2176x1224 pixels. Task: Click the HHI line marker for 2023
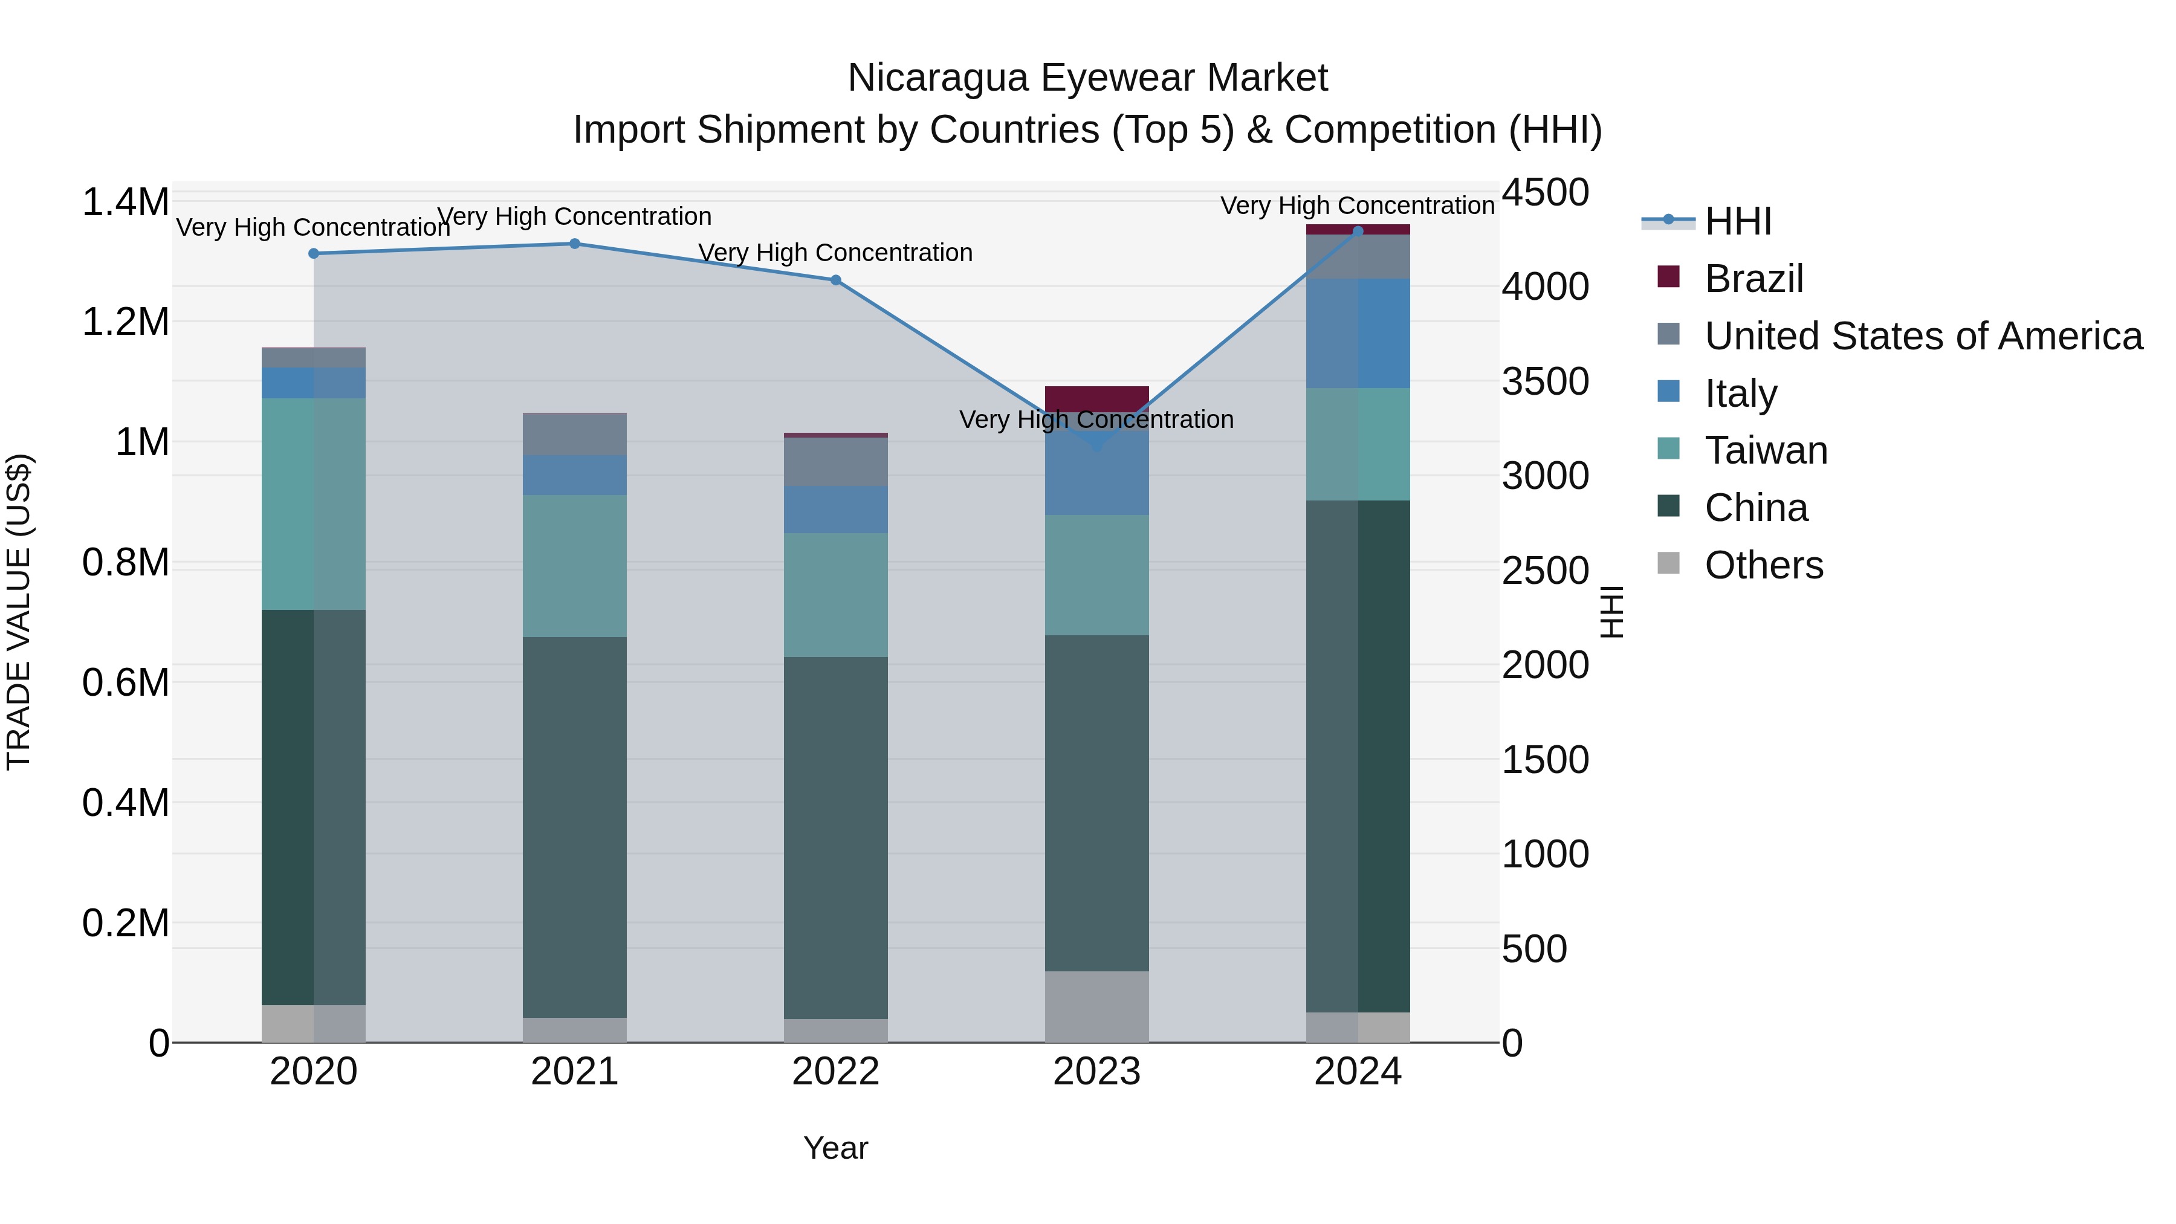click(1096, 445)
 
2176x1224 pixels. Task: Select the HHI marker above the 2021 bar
click(574, 243)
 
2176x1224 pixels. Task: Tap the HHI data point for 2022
click(835, 280)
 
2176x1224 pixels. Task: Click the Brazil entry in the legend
click(1753, 279)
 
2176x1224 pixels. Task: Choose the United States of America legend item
click(1923, 336)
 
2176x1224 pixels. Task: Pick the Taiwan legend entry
click(1766, 450)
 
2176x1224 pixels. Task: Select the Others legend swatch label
click(1763, 565)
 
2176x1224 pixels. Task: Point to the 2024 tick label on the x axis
click(1358, 1072)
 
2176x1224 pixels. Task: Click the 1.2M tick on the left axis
click(125, 322)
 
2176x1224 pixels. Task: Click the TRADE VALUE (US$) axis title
click(19, 612)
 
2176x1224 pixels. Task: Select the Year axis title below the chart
click(835, 1148)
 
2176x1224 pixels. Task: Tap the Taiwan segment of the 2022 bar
click(835, 595)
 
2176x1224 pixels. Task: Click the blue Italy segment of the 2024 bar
click(1358, 333)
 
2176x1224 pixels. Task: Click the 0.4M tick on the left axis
click(125, 803)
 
